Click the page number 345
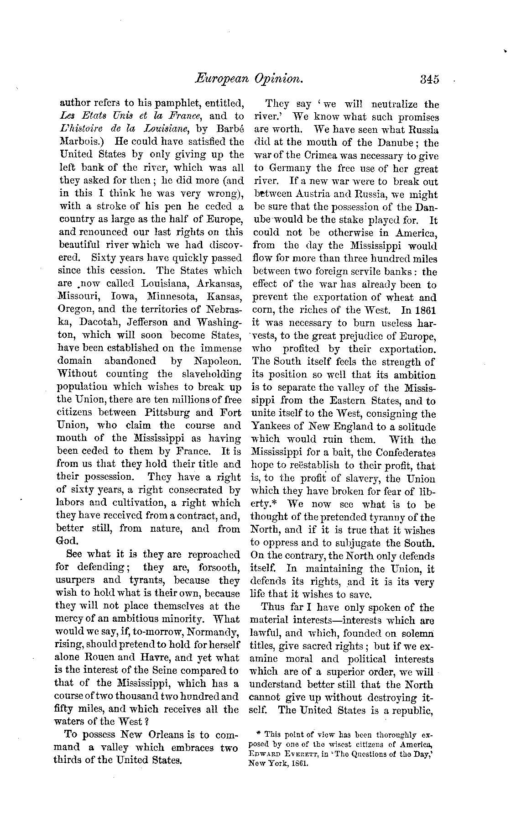tap(429, 79)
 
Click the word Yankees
tap(275, 427)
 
